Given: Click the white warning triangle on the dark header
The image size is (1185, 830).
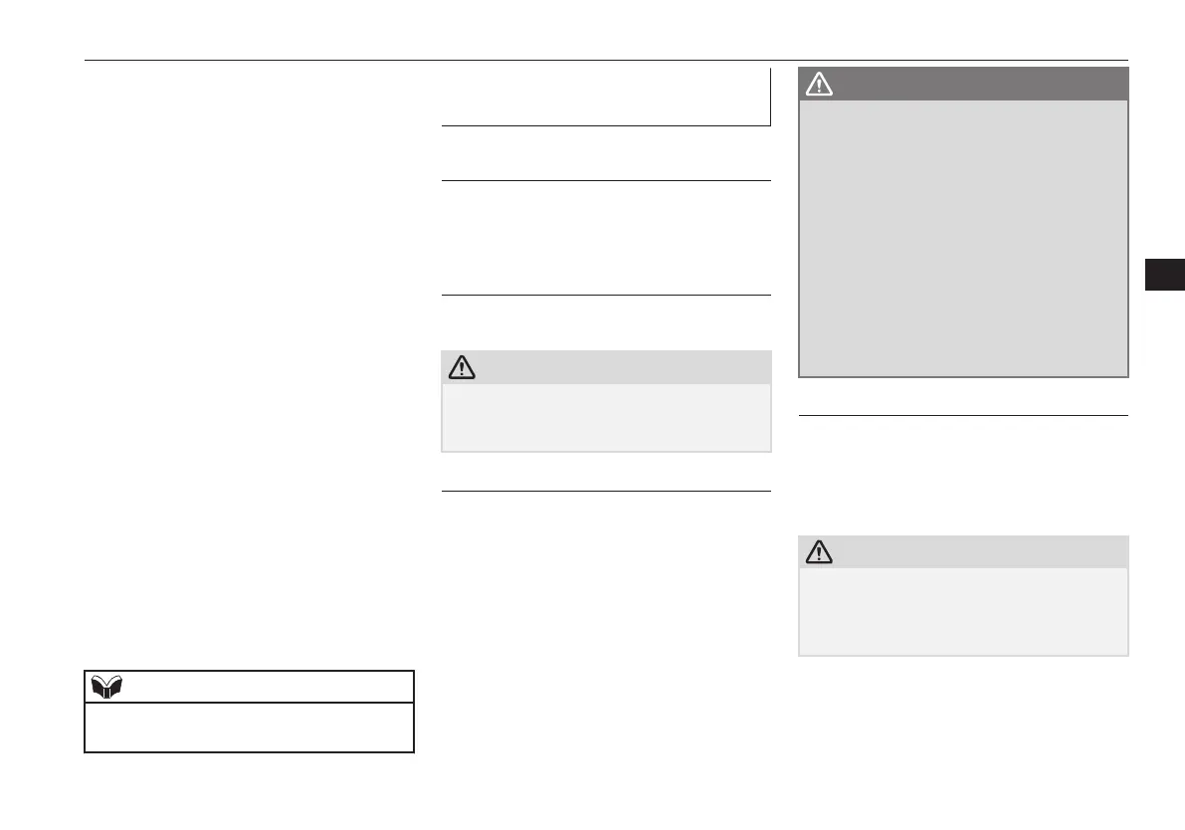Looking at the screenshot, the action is click(819, 85).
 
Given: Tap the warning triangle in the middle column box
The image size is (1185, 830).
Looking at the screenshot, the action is click(462, 367).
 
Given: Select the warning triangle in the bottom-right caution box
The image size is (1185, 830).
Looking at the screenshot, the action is click(819, 552).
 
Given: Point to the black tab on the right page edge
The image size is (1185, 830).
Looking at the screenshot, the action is click(1164, 276).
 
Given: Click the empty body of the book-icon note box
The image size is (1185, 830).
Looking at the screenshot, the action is click(249, 726).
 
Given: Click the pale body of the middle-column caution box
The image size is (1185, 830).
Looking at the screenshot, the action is click(605, 418).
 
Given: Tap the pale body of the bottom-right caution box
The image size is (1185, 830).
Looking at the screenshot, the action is click(963, 611).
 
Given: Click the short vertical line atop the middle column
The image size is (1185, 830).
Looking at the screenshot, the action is click(771, 97).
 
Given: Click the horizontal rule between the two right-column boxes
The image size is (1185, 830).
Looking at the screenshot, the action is click(963, 415).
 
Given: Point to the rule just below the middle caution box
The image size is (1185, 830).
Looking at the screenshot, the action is click(605, 491).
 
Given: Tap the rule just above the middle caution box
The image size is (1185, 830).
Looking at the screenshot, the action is click(605, 295).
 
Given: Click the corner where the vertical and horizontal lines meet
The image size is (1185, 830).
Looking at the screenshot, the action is click(770, 125).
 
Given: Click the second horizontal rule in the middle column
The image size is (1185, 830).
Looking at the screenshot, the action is click(605, 180).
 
